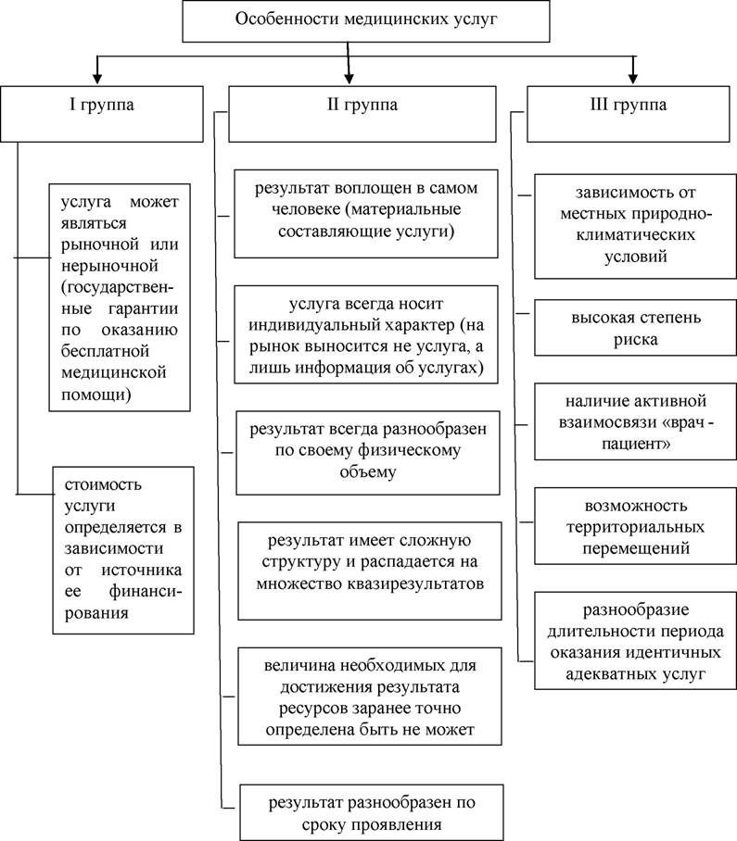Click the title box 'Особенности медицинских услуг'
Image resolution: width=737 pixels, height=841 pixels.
click(x=366, y=21)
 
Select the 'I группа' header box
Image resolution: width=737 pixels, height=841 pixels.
click(x=102, y=114)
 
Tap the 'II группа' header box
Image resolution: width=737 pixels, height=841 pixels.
click(x=362, y=114)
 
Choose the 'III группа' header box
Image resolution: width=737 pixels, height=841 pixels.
click(x=628, y=114)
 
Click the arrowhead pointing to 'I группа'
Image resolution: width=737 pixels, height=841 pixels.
click(x=97, y=78)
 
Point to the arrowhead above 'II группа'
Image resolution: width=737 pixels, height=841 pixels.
click(x=349, y=78)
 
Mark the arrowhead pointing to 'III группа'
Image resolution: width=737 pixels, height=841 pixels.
click(x=633, y=78)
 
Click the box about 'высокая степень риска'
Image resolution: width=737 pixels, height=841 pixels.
click(x=636, y=328)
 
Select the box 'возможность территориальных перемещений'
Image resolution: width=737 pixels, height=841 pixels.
click(x=636, y=526)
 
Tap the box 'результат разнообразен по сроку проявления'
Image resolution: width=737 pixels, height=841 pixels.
click(x=372, y=812)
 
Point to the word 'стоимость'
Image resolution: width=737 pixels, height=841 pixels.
click(x=103, y=484)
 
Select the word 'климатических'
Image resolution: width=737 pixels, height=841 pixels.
click(x=636, y=235)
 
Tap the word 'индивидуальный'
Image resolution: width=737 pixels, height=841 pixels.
click(x=317, y=325)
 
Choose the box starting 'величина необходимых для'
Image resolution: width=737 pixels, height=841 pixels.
click(x=370, y=697)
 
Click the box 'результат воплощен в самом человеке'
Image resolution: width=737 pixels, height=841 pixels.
click(x=366, y=213)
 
